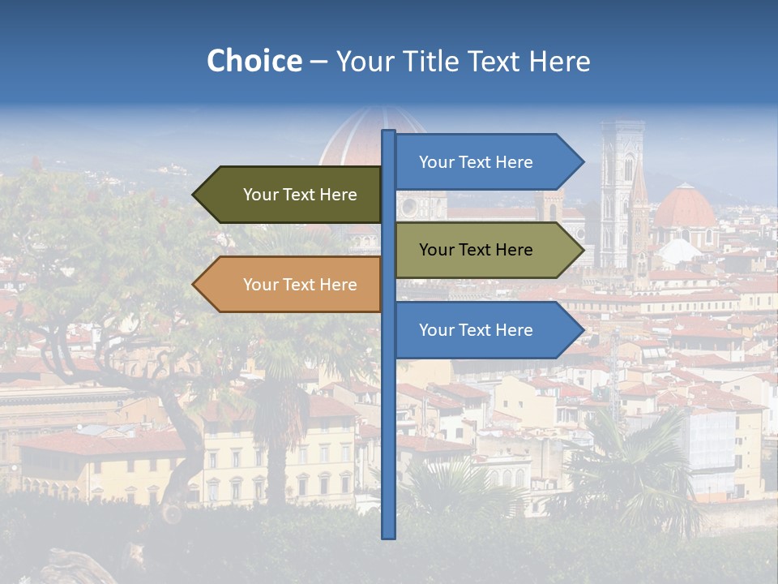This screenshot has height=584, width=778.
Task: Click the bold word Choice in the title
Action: [x=254, y=61]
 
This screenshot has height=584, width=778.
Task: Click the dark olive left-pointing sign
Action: [x=292, y=195]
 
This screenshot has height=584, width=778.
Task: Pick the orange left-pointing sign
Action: [x=292, y=285]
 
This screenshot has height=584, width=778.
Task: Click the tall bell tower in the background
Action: [x=622, y=195]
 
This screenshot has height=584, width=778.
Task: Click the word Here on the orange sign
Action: [x=338, y=285]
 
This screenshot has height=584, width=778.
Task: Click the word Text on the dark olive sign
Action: [x=299, y=195]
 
